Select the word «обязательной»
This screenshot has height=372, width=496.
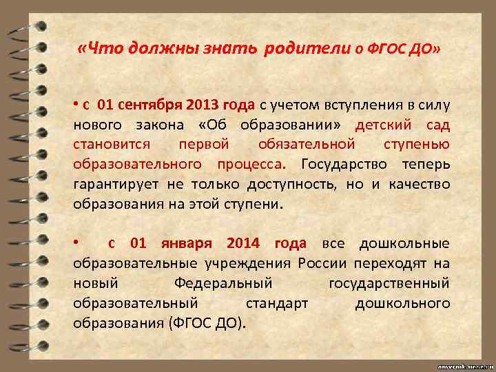coord(307,145)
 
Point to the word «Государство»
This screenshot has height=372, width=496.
coord(344,165)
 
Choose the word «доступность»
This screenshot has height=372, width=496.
coord(290,185)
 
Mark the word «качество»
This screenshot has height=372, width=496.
coord(422,185)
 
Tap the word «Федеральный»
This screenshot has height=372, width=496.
coord(225,283)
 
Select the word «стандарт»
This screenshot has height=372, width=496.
coord(276,303)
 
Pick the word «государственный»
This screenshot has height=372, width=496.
coord(389,283)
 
